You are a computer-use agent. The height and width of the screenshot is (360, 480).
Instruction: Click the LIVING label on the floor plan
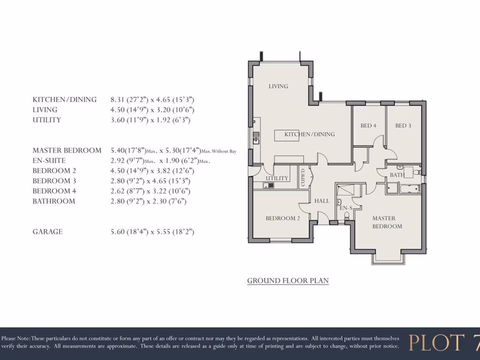click(x=278, y=86)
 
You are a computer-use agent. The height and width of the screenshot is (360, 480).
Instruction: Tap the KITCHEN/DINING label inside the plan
click(x=309, y=135)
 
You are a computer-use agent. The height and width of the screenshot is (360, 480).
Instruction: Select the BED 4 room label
click(x=368, y=126)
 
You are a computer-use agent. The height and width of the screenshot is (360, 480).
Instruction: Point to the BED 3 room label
click(x=403, y=126)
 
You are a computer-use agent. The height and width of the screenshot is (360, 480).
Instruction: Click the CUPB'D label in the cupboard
click(x=303, y=178)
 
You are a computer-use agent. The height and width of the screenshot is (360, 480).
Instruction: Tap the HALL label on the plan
click(x=322, y=201)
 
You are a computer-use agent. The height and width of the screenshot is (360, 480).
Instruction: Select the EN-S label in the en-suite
click(x=346, y=208)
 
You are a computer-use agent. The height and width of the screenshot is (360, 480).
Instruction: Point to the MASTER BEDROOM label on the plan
click(x=387, y=222)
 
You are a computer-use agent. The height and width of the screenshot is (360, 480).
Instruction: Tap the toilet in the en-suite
click(x=347, y=216)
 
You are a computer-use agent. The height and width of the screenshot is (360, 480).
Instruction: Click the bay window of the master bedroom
click(x=388, y=258)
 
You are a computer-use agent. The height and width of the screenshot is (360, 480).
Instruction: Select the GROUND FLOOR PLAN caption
click(x=288, y=281)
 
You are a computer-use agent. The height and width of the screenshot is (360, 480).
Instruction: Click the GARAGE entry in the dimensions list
click(x=47, y=232)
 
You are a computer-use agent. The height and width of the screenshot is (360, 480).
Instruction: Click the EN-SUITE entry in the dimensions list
click(x=49, y=161)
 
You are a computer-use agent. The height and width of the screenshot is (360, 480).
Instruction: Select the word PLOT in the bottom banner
click(x=434, y=343)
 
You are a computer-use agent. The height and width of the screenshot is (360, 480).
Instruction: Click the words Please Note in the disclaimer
click(x=16, y=338)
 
